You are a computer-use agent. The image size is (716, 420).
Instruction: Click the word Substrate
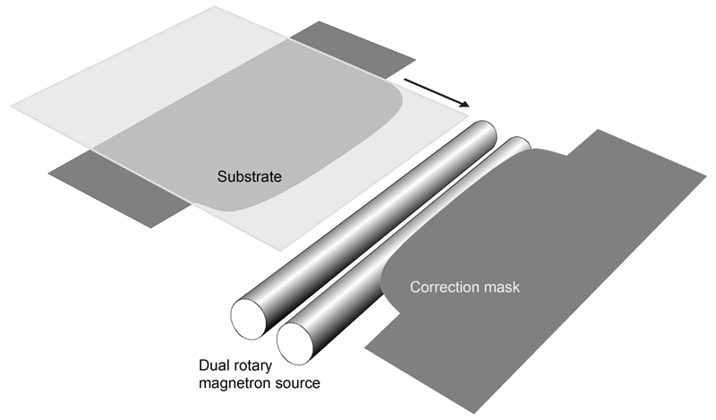pos(250,176)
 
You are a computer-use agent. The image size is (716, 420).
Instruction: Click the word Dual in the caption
pos(215,366)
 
